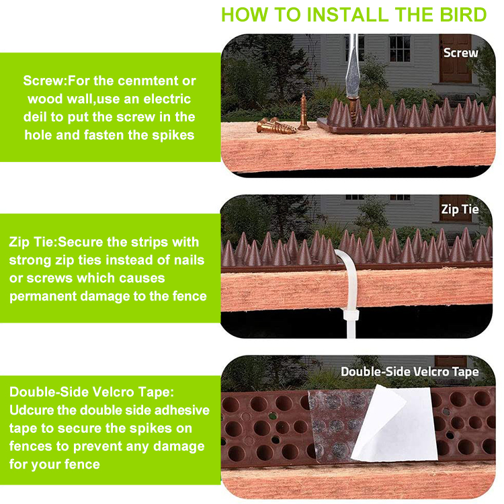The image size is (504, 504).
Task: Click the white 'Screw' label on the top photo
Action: (x=460, y=52)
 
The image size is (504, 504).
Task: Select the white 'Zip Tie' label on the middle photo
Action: (x=460, y=209)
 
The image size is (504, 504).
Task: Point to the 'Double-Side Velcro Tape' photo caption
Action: (x=410, y=372)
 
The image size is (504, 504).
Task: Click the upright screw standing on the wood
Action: (x=304, y=112)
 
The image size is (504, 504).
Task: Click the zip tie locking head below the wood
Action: (x=350, y=314)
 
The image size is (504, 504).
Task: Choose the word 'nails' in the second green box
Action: (x=189, y=260)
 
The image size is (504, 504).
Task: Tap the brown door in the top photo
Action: (x=455, y=58)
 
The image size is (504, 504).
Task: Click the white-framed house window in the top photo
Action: (x=400, y=48)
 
